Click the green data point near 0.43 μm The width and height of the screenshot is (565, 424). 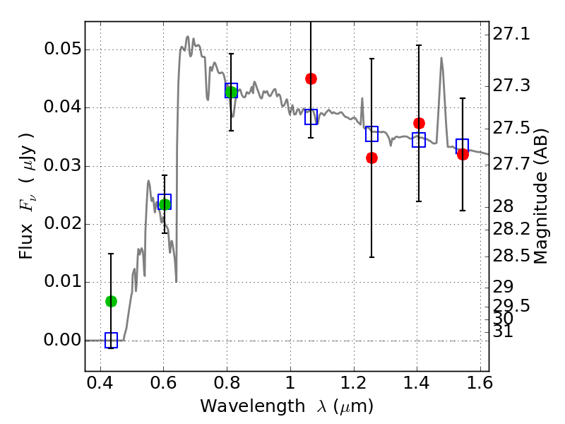coord(111,301)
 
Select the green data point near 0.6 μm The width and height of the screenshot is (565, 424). coord(165,204)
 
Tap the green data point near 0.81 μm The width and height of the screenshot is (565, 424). coord(231,91)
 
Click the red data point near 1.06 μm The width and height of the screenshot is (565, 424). coord(311,78)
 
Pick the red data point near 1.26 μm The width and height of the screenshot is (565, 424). coord(371,158)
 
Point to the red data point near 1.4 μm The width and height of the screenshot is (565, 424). coord(419,123)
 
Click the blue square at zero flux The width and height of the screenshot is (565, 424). coord(111,340)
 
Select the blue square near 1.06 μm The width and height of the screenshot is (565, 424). coord(311,117)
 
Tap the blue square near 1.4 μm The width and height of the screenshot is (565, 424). coord(419,140)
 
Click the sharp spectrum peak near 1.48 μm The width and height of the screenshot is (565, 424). coord(441,59)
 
